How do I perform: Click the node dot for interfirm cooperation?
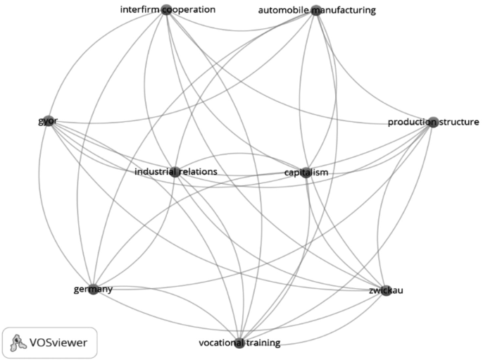point(166,9)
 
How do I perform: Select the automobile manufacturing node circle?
point(316,10)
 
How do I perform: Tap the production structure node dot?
point(433,122)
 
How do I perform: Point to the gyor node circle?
point(47,120)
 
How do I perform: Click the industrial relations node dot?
point(175,171)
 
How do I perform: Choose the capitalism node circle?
point(306,172)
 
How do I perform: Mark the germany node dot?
point(92,289)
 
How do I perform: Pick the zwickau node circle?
point(385,290)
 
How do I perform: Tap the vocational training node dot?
point(239,343)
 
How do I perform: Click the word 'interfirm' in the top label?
point(139,10)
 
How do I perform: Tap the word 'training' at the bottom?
point(262,343)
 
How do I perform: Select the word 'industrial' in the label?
point(155,171)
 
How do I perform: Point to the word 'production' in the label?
point(409,123)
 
